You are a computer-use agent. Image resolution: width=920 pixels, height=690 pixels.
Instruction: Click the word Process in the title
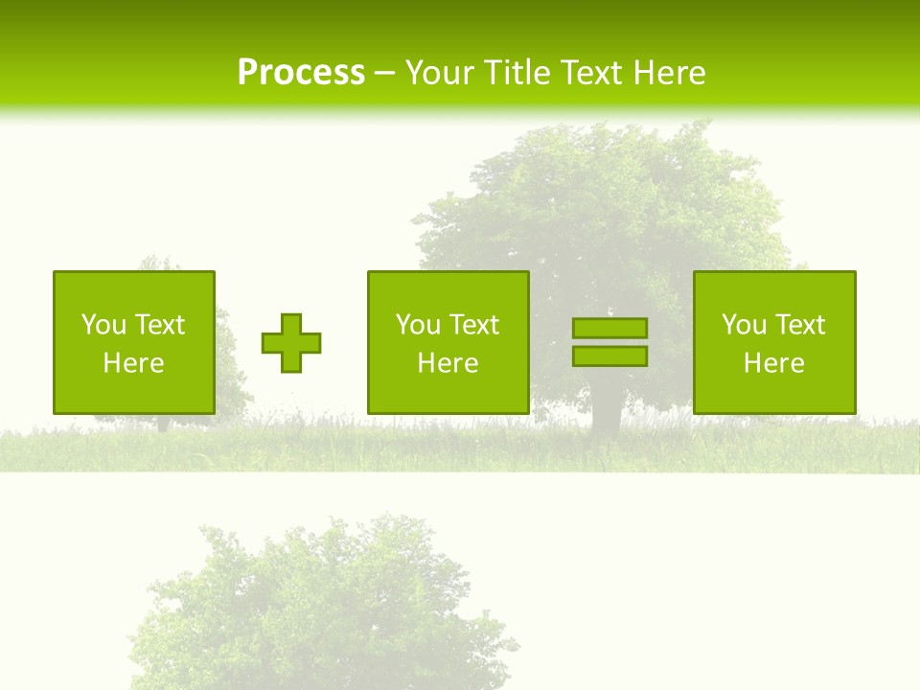pyautogui.click(x=301, y=73)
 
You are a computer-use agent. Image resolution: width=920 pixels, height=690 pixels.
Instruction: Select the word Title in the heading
pyautogui.click(x=517, y=73)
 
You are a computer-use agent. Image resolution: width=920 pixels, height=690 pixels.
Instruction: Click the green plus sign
pyautogui.click(x=291, y=343)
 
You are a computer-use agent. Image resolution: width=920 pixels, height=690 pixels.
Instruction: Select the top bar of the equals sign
pyautogui.click(x=609, y=329)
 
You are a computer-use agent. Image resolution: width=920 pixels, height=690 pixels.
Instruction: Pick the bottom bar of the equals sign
pyautogui.click(x=609, y=356)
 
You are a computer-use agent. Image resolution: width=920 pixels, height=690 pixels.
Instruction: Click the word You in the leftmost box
pyautogui.click(x=103, y=325)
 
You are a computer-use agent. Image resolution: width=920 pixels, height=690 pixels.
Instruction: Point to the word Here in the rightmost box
pyautogui.click(x=774, y=363)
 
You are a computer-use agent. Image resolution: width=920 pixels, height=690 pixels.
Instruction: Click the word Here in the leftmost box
pyautogui.click(x=134, y=363)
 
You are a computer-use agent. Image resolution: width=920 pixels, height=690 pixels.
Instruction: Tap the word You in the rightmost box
pyautogui.click(x=744, y=325)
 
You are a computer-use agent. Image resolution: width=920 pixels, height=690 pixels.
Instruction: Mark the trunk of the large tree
pyautogui.click(x=606, y=417)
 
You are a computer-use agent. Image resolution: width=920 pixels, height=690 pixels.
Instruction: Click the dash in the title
pyautogui.click(x=384, y=73)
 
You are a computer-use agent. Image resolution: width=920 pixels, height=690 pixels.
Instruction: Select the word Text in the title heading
pyautogui.click(x=591, y=73)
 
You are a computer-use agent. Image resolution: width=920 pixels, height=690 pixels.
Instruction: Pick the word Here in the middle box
pyautogui.click(x=448, y=363)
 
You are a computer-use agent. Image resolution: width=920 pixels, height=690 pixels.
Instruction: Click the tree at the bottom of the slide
pyautogui.click(x=326, y=604)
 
